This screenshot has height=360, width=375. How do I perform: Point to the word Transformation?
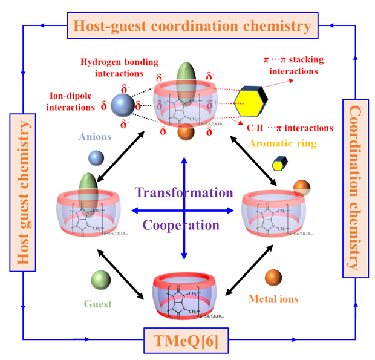coord(184,192)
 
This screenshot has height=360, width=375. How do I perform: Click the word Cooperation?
coord(180,225)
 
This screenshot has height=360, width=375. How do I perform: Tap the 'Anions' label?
coord(94,137)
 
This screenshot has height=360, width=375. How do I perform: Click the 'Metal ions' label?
coord(273,299)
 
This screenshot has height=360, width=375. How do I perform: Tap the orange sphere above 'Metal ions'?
coord(273,277)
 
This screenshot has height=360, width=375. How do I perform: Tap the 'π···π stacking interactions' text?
coord(293,65)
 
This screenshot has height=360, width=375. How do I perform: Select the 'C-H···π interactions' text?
coord(298,128)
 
